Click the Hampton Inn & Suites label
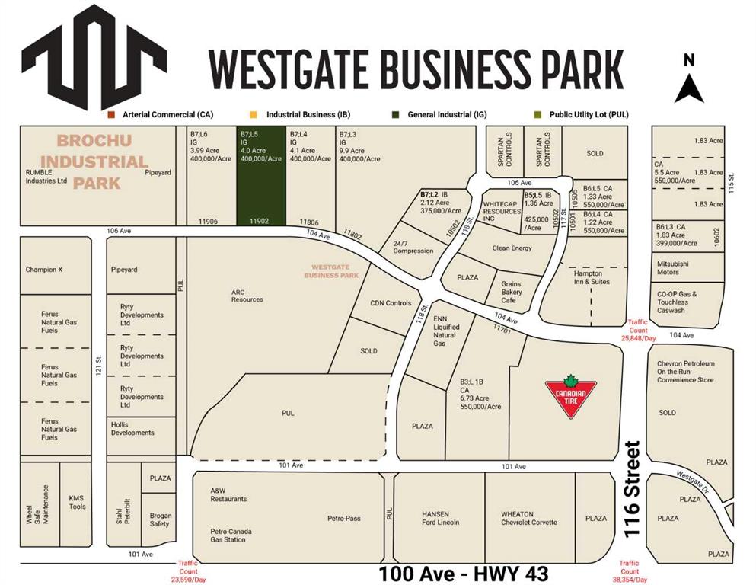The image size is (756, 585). pyautogui.click(x=588, y=277)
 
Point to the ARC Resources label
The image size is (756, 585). pyautogui.click(x=247, y=295)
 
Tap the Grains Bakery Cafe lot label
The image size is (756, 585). pyautogui.click(x=511, y=292)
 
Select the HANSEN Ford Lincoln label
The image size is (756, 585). pyautogui.click(x=441, y=518)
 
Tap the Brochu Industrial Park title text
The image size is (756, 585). pyautogui.click(x=94, y=161)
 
